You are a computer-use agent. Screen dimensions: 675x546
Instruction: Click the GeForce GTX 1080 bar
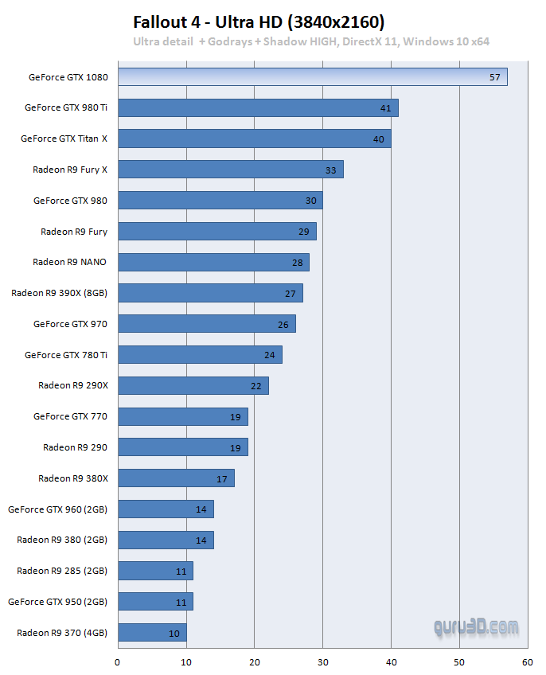point(312,77)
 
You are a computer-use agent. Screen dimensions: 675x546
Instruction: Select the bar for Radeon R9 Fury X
point(231,170)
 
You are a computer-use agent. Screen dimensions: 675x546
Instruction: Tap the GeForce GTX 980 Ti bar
point(258,107)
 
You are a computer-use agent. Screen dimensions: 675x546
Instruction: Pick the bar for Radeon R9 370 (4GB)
point(152,633)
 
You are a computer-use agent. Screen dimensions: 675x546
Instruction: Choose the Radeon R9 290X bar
point(193,386)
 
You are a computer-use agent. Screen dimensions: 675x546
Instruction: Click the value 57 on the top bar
point(495,77)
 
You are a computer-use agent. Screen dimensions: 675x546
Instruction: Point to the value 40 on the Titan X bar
point(378,139)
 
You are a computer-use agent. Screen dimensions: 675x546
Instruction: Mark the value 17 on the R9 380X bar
point(221,479)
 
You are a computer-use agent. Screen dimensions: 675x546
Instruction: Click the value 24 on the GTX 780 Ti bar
point(269,355)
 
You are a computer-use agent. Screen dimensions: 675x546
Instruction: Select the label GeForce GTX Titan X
point(64,139)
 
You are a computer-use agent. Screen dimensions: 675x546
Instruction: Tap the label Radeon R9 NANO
point(69,262)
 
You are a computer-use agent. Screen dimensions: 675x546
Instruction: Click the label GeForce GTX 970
point(70,324)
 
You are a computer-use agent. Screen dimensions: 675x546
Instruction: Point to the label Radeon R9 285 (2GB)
point(62,571)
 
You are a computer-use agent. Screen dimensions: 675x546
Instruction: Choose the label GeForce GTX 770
point(70,416)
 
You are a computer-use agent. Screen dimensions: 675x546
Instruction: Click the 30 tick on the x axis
point(322,661)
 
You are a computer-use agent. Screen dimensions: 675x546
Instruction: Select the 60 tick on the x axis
point(527,661)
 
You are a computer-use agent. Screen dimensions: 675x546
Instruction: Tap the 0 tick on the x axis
point(118,661)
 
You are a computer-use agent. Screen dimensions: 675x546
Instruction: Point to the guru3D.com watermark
point(476,627)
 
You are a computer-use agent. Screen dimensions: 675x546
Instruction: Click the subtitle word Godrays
point(228,41)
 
